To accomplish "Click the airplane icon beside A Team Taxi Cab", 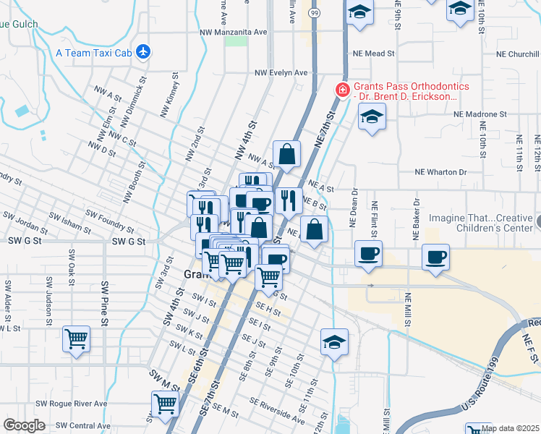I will click(144, 52).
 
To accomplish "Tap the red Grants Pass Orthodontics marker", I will click(341, 90).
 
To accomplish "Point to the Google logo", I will click(24, 425).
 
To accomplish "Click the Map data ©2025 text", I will click(509, 428).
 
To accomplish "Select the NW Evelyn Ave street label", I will click(281, 73).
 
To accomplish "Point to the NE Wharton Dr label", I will click(440, 172).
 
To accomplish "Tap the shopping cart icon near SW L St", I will click(77, 337).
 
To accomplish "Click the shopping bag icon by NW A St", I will click(287, 153).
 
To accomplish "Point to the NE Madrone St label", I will click(480, 114).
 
